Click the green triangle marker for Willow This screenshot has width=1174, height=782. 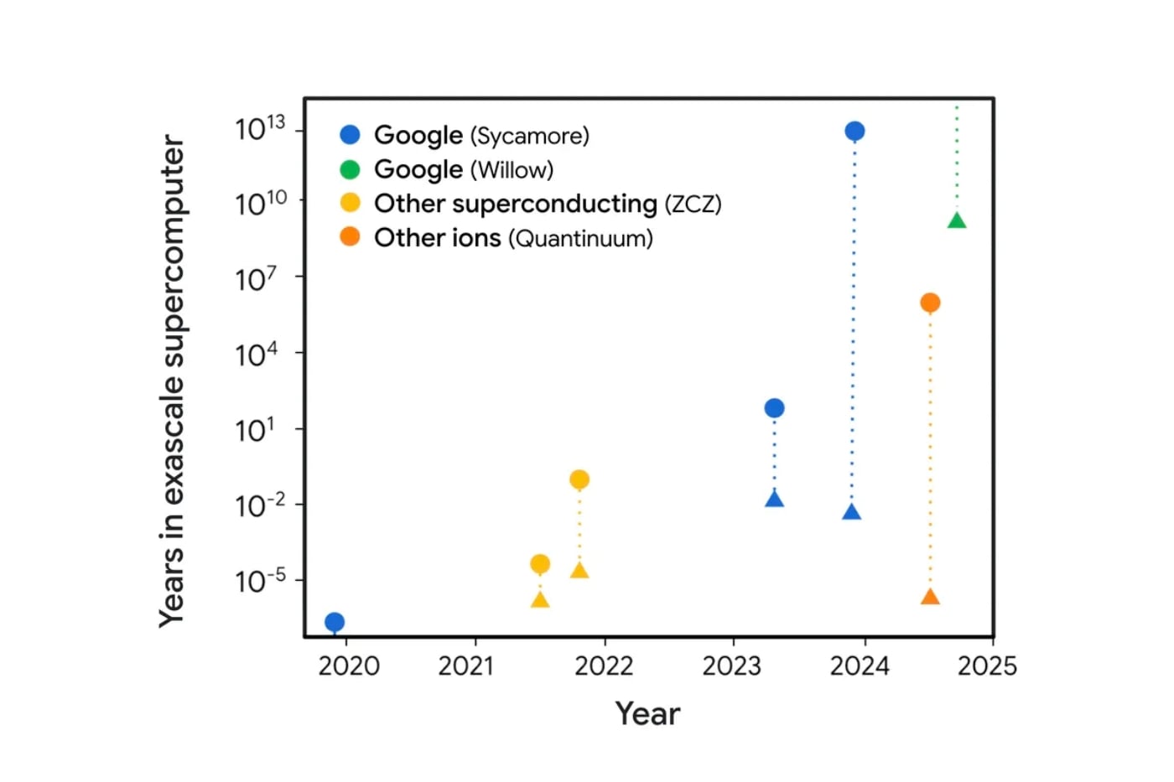click(x=957, y=221)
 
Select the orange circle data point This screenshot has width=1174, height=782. click(x=930, y=303)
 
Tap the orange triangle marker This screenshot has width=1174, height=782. click(x=930, y=598)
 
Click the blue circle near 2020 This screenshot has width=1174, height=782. click(x=335, y=622)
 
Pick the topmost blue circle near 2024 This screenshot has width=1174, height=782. click(x=855, y=131)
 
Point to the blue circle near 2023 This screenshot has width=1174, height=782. click(x=774, y=408)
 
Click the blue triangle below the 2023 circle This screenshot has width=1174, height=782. click(x=774, y=500)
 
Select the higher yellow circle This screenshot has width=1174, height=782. click(x=579, y=479)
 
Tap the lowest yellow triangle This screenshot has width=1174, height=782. click(x=540, y=600)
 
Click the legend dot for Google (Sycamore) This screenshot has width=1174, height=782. click(x=350, y=135)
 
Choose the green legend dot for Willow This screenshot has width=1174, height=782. click(x=350, y=169)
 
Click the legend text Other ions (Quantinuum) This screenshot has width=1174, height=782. click(x=513, y=238)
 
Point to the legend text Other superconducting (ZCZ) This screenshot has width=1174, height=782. click(x=548, y=204)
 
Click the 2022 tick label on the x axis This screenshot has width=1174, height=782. click(x=604, y=666)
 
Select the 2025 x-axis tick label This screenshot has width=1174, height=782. click(x=987, y=666)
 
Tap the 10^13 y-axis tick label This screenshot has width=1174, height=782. click(x=260, y=128)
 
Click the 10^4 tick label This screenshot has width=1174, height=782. click(x=256, y=355)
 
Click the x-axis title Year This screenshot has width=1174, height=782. click(x=647, y=713)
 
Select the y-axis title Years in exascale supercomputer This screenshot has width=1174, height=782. click(x=172, y=381)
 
